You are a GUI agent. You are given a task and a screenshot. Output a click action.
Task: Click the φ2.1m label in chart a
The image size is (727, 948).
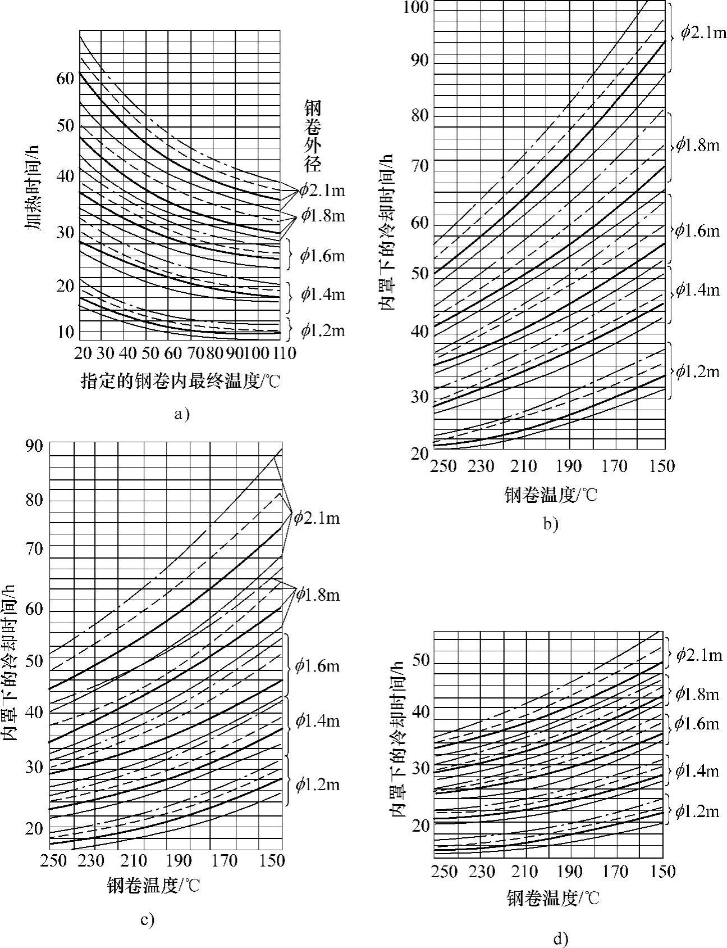point(322,191)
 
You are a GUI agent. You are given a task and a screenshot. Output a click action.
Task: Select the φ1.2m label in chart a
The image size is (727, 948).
point(322,330)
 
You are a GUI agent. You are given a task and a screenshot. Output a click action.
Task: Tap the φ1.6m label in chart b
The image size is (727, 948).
point(697,231)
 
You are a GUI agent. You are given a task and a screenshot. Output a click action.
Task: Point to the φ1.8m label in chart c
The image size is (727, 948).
point(318,595)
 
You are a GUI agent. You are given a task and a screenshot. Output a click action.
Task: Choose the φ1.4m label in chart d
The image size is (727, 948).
point(697,770)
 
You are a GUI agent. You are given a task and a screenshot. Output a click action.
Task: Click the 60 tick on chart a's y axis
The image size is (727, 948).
point(65,78)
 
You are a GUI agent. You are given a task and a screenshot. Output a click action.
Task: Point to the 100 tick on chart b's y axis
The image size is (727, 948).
point(415,7)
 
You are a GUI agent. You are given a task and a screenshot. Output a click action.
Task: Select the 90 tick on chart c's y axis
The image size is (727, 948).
point(34,446)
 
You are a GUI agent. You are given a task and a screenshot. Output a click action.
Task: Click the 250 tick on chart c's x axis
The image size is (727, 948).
point(54,860)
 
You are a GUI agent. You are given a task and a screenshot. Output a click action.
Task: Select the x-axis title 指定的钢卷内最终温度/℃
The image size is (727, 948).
point(180,382)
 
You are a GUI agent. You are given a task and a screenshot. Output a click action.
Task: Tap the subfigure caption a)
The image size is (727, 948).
point(182,415)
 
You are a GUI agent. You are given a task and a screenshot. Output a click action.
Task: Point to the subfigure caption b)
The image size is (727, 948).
point(551,524)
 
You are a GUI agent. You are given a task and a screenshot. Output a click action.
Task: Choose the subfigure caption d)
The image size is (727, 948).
point(560,938)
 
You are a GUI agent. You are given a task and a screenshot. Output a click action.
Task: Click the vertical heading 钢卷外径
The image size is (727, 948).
point(313,135)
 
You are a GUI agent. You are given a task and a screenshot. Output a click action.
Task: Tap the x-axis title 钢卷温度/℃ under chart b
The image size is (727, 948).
point(551,495)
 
